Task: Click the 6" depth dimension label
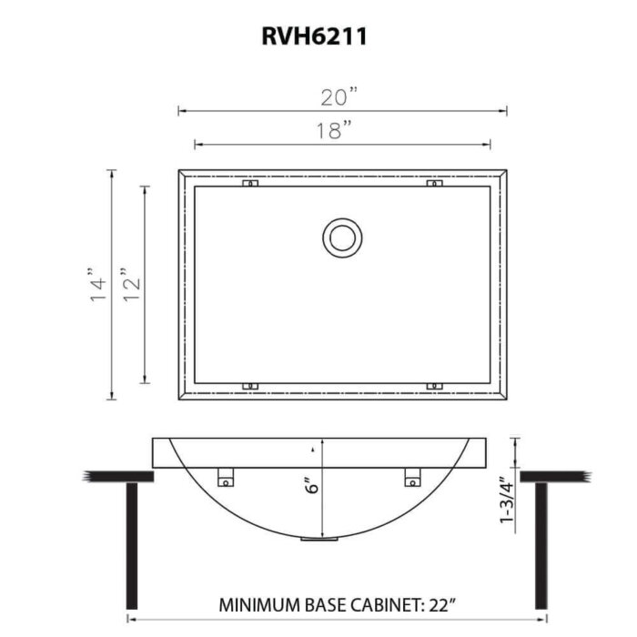tap(312, 486)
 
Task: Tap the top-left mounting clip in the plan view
tap(250, 185)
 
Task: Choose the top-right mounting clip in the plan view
tap(434, 185)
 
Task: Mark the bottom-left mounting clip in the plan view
tap(250, 386)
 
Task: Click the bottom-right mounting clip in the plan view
tap(434, 386)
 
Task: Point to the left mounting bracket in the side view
tap(226, 476)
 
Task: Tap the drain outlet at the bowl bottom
tap(318, 540)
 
